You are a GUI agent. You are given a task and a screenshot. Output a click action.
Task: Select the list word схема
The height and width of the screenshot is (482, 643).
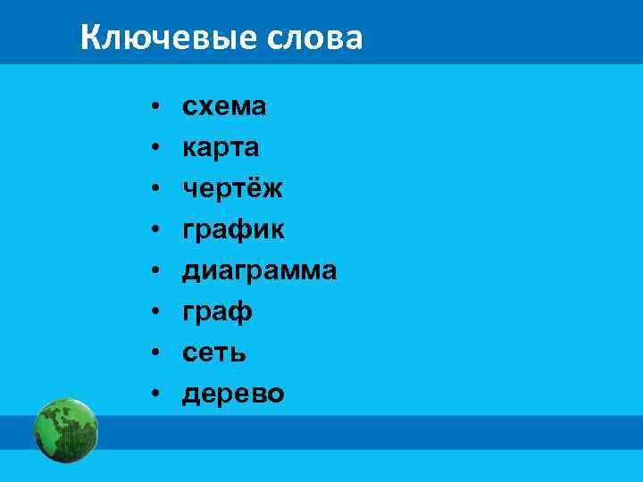[x=224, y=107]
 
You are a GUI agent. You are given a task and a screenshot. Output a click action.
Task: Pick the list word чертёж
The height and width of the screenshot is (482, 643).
[x=232, y=189]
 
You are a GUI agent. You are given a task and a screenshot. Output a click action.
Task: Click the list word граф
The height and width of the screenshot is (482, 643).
[x=218, y=312]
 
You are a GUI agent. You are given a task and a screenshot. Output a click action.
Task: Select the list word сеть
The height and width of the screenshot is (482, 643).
[x=214, y=353]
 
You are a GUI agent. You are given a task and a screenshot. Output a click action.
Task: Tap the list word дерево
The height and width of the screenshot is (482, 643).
[x=233, y=394]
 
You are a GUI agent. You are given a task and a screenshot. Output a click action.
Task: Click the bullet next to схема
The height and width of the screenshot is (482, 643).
[x=154, y=108]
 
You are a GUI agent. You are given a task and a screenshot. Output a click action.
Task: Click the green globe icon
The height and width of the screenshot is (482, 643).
[x=66, y=429]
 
